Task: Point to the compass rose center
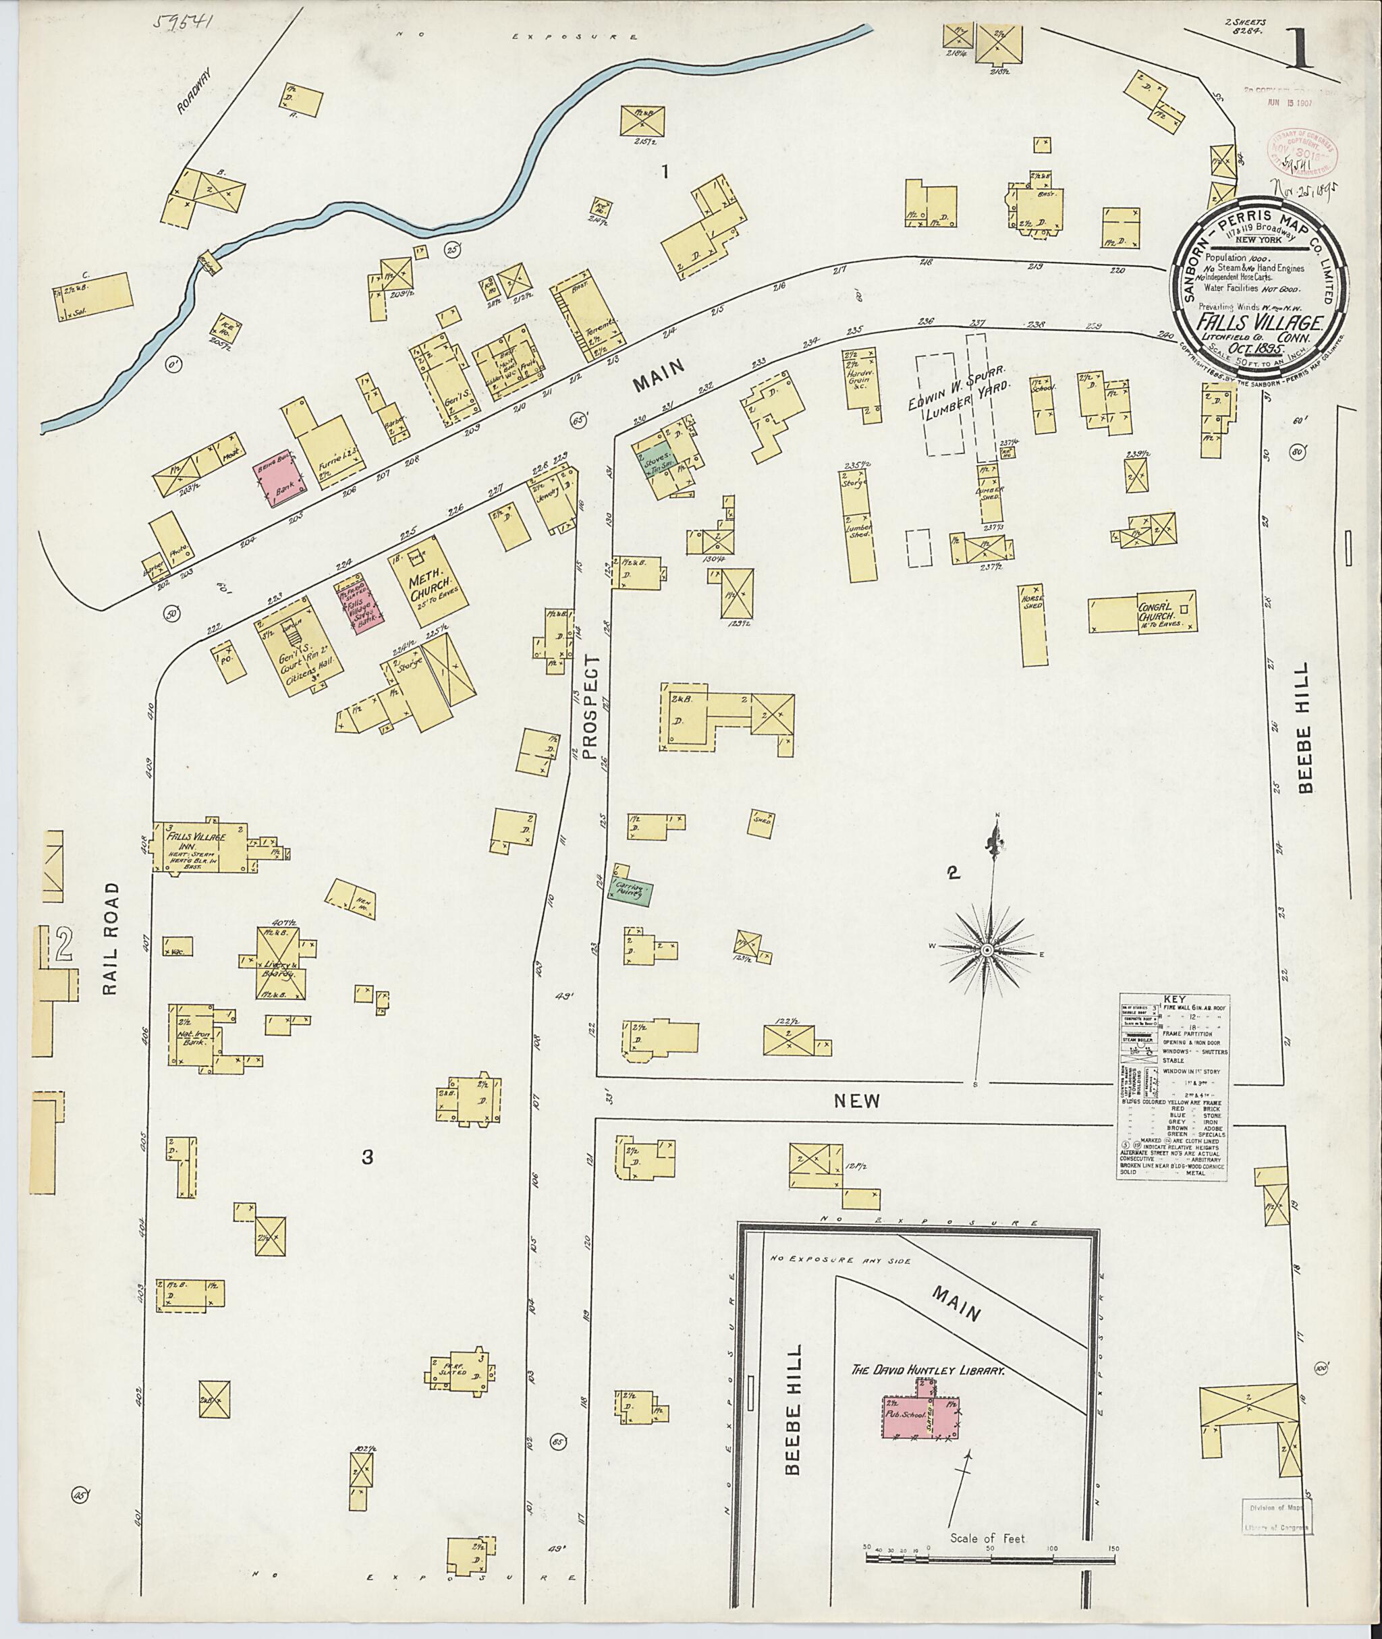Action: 987,949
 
